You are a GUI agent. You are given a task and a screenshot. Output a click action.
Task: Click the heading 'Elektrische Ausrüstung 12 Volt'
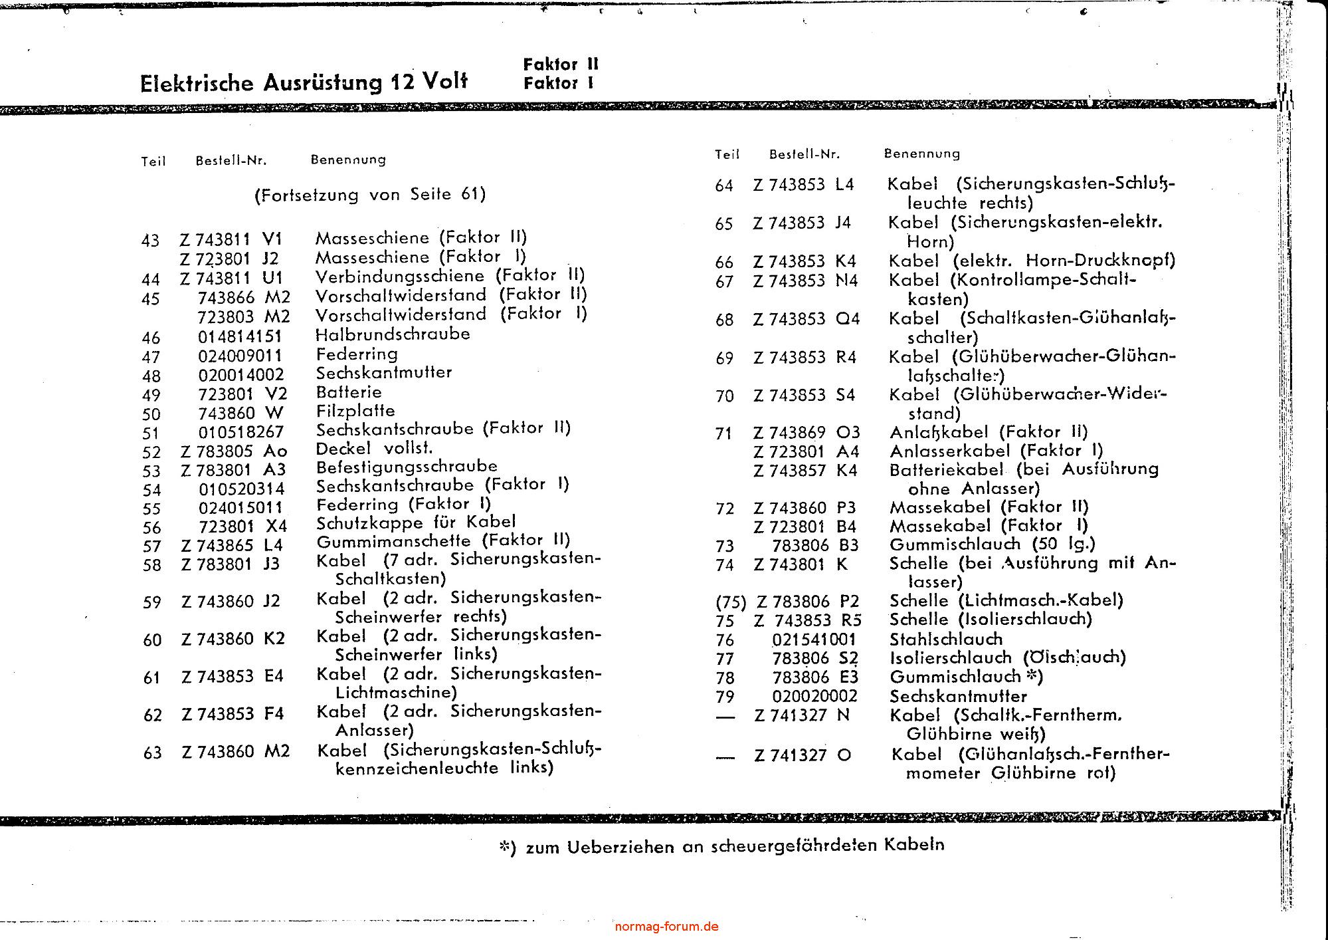click(304, 82)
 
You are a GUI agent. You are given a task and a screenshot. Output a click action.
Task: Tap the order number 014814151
click(240, 337)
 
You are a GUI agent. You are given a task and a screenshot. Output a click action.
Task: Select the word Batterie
click(349, 392)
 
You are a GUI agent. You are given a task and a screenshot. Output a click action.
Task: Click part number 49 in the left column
click(151, 396)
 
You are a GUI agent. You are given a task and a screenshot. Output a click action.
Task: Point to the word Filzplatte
click(355, 411)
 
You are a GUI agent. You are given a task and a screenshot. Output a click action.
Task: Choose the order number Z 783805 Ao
click(234, 451)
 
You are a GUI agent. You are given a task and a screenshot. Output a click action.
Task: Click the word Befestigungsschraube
click(407, 466)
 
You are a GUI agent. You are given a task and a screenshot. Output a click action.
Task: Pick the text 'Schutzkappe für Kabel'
click(416, 522)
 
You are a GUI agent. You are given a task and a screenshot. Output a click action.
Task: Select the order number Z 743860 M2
click(236, 752)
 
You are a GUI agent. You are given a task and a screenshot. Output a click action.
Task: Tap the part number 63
click(152, 753)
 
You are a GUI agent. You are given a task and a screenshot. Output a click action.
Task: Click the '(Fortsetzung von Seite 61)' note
click(370, 194)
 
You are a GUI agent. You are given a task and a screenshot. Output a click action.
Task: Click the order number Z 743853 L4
click(803, 185)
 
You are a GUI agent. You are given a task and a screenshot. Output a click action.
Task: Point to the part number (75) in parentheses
click(731, 602)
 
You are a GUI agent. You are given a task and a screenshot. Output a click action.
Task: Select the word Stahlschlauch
click(946, 640)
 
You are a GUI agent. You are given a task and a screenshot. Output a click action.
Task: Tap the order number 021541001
click(814, 640)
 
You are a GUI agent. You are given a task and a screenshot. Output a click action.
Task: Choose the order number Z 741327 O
click(803, 756)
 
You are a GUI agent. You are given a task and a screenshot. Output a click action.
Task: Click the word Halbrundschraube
click(393, 334)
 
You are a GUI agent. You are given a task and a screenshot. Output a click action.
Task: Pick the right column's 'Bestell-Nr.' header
click(805, 154)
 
